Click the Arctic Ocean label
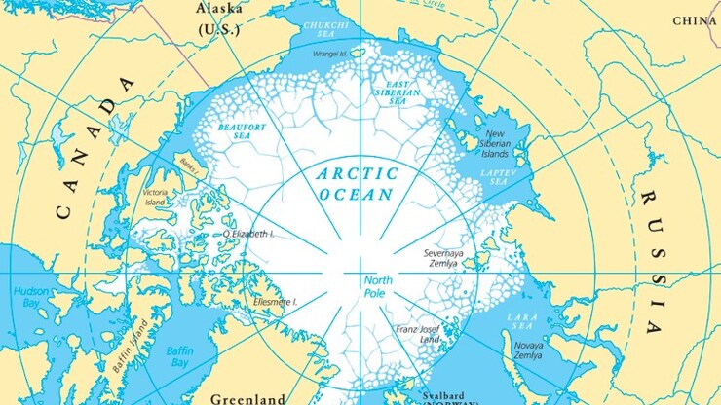pyautogui.click(x=358, y=184)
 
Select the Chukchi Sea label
pyautogui.click(x=326, y=29)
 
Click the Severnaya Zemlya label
pyautogui.click(x=448, y=258)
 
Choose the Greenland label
pyautogui.click(x=247, y=398)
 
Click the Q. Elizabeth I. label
pyautogui.click(x=248, y=234)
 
